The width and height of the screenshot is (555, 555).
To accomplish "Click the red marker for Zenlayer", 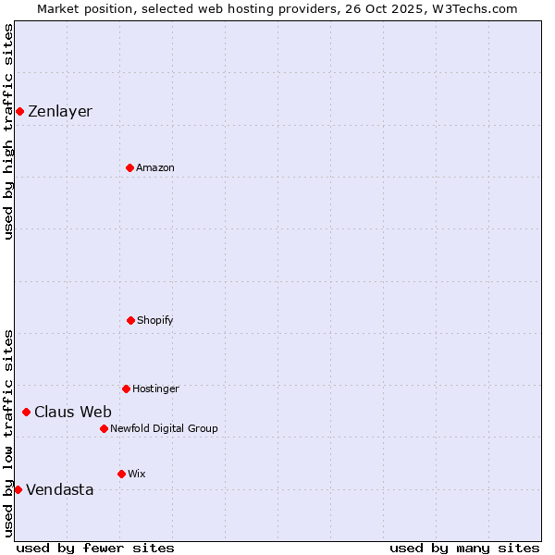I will [x=19, y=112].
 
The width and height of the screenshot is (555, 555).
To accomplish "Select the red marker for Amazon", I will [x=129, y=167].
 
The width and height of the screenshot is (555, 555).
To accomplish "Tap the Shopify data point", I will [x=130, y=320].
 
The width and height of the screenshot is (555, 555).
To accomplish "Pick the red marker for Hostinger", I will [x=126, y=388].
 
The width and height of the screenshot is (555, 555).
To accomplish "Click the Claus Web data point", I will [x=26, y=412].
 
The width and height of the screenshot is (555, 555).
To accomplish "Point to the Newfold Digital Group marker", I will [x=104, y=428].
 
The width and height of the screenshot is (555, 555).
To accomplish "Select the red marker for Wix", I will [x=121, y=474].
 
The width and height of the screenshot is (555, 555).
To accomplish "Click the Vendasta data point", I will [x=18, y=489].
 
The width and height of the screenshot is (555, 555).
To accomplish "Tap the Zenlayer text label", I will [x=60, y=112].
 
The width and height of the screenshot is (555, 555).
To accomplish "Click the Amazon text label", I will [x=155, y=167].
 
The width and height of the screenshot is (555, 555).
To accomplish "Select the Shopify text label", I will [x=155, y=320].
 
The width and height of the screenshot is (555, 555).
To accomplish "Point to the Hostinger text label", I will [x=155, y=388].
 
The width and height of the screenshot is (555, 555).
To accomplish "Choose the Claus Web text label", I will [x=73, y=412].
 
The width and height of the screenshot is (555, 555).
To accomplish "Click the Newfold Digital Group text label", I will [x=164, y=428].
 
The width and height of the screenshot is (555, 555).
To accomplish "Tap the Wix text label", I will [x=137, y=474].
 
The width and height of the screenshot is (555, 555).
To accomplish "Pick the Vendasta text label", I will [x=60, y=489].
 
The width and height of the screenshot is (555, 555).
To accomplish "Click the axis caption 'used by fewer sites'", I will [x=95, y=548].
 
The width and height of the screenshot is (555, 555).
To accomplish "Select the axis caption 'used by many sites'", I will [x=464, y=548].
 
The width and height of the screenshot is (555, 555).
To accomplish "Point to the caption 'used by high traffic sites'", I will [x=8, y=131].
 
